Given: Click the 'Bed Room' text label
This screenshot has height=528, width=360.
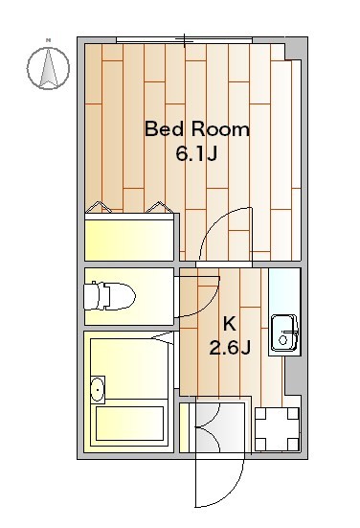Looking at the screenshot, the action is click(197, 129).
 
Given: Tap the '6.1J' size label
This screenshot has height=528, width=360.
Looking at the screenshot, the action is click(196, 154).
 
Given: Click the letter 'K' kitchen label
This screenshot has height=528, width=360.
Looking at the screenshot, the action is click(230, 324).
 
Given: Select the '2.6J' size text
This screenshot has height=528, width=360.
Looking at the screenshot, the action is click(230, 348).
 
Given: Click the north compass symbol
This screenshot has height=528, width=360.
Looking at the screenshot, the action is click(48, 68).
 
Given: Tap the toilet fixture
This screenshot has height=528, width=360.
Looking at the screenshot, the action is click(109, 296).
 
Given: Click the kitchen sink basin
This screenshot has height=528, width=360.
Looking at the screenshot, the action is click(284, 333).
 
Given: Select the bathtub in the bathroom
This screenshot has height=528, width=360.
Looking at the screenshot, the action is click(130, 424).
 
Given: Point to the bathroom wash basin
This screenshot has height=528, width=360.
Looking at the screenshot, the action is click(98, 390).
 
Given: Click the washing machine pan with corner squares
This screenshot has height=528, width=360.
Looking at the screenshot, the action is click(277, 429).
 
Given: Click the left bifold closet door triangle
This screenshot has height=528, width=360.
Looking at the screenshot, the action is click(99, 207).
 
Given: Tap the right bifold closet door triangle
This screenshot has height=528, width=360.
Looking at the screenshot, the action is click(160, 207).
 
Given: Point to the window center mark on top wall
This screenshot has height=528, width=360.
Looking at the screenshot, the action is click(185, 40).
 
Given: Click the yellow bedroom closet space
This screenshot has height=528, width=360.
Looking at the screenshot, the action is click(129, 240).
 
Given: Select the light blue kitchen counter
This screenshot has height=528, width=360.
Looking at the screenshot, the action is click(284, 311).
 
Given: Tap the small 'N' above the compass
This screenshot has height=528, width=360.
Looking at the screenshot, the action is click(49, 41).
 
